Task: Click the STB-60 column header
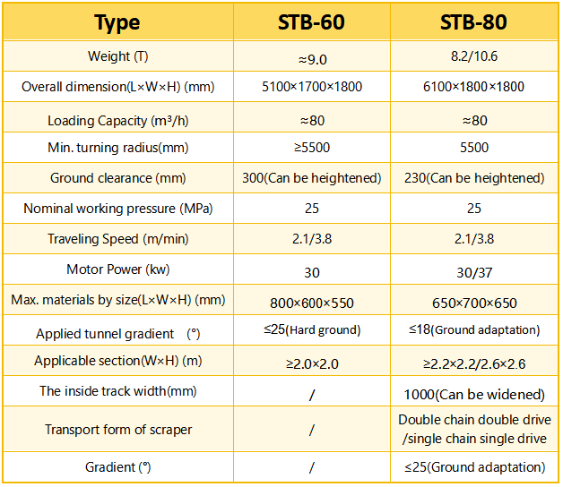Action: coord(311,21)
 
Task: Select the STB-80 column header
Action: coord(473,21)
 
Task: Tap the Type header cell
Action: coord(117,21)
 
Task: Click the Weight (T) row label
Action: coord(117,57)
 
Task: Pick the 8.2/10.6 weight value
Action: coord(473,57)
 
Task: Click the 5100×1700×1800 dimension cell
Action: coord(311,87)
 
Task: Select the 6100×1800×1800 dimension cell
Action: coord(473,87)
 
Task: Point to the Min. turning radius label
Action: coord(117,147)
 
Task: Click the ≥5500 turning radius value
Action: coord(311,147)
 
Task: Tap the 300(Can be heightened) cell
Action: coord(311,178)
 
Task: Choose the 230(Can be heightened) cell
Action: coord(473,178)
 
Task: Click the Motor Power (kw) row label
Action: coord(117,269)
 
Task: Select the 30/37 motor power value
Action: coord(473,271)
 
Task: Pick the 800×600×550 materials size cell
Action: coord(311,303)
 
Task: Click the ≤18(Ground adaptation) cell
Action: coord(473,330)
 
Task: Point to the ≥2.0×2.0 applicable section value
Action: coord(311,363)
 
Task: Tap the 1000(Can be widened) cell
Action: coord(473,394)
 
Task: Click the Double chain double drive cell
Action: coord(473,429)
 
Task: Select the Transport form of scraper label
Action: coord(117,430)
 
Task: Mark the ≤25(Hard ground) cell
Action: coord(311,330)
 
